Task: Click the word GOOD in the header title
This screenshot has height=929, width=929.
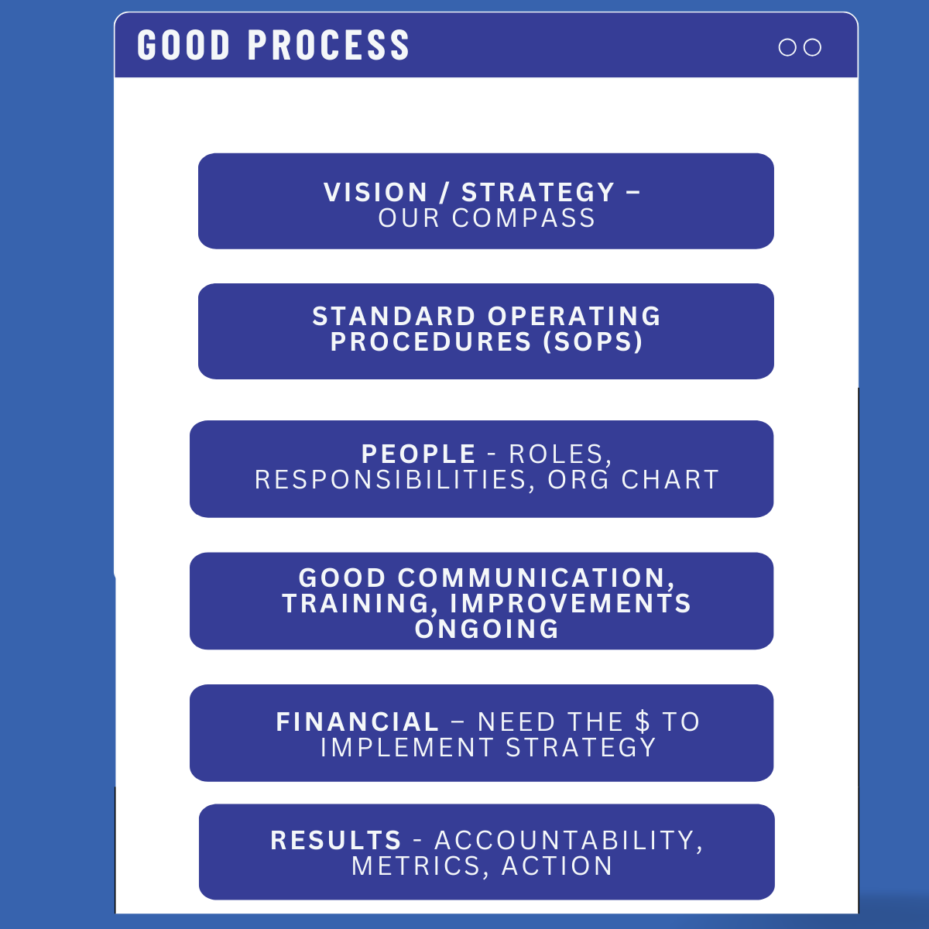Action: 183,46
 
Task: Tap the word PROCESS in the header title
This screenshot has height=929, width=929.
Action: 328,46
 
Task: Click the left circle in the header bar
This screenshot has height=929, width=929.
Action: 787,47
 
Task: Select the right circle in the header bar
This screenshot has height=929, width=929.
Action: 812,47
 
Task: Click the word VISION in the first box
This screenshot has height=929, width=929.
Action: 375,192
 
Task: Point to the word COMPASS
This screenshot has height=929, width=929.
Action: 523,218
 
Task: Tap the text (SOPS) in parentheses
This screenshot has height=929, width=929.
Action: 593,342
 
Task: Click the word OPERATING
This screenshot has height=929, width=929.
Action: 574,317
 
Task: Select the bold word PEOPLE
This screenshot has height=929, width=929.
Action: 419,454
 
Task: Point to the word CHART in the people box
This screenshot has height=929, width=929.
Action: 670,480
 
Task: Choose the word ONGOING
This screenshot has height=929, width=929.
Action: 487,629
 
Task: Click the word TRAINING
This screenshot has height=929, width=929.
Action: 360,604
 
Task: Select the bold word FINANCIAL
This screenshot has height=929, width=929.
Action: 357,722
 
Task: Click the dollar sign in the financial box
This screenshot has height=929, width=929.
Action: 642,722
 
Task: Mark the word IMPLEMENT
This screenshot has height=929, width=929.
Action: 407,747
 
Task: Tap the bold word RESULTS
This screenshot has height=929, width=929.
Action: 335,840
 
